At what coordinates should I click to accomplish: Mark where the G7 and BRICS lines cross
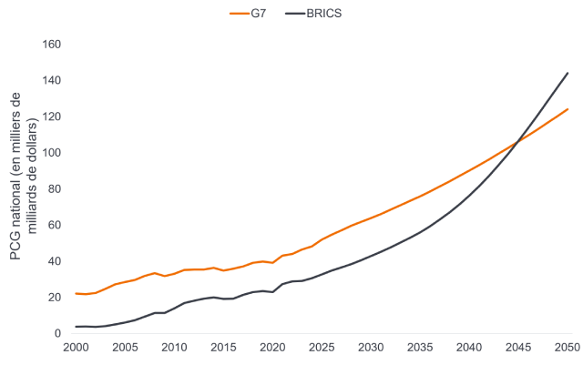518,139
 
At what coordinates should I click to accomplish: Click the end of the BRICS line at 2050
568,72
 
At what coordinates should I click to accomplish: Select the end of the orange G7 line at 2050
568,109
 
